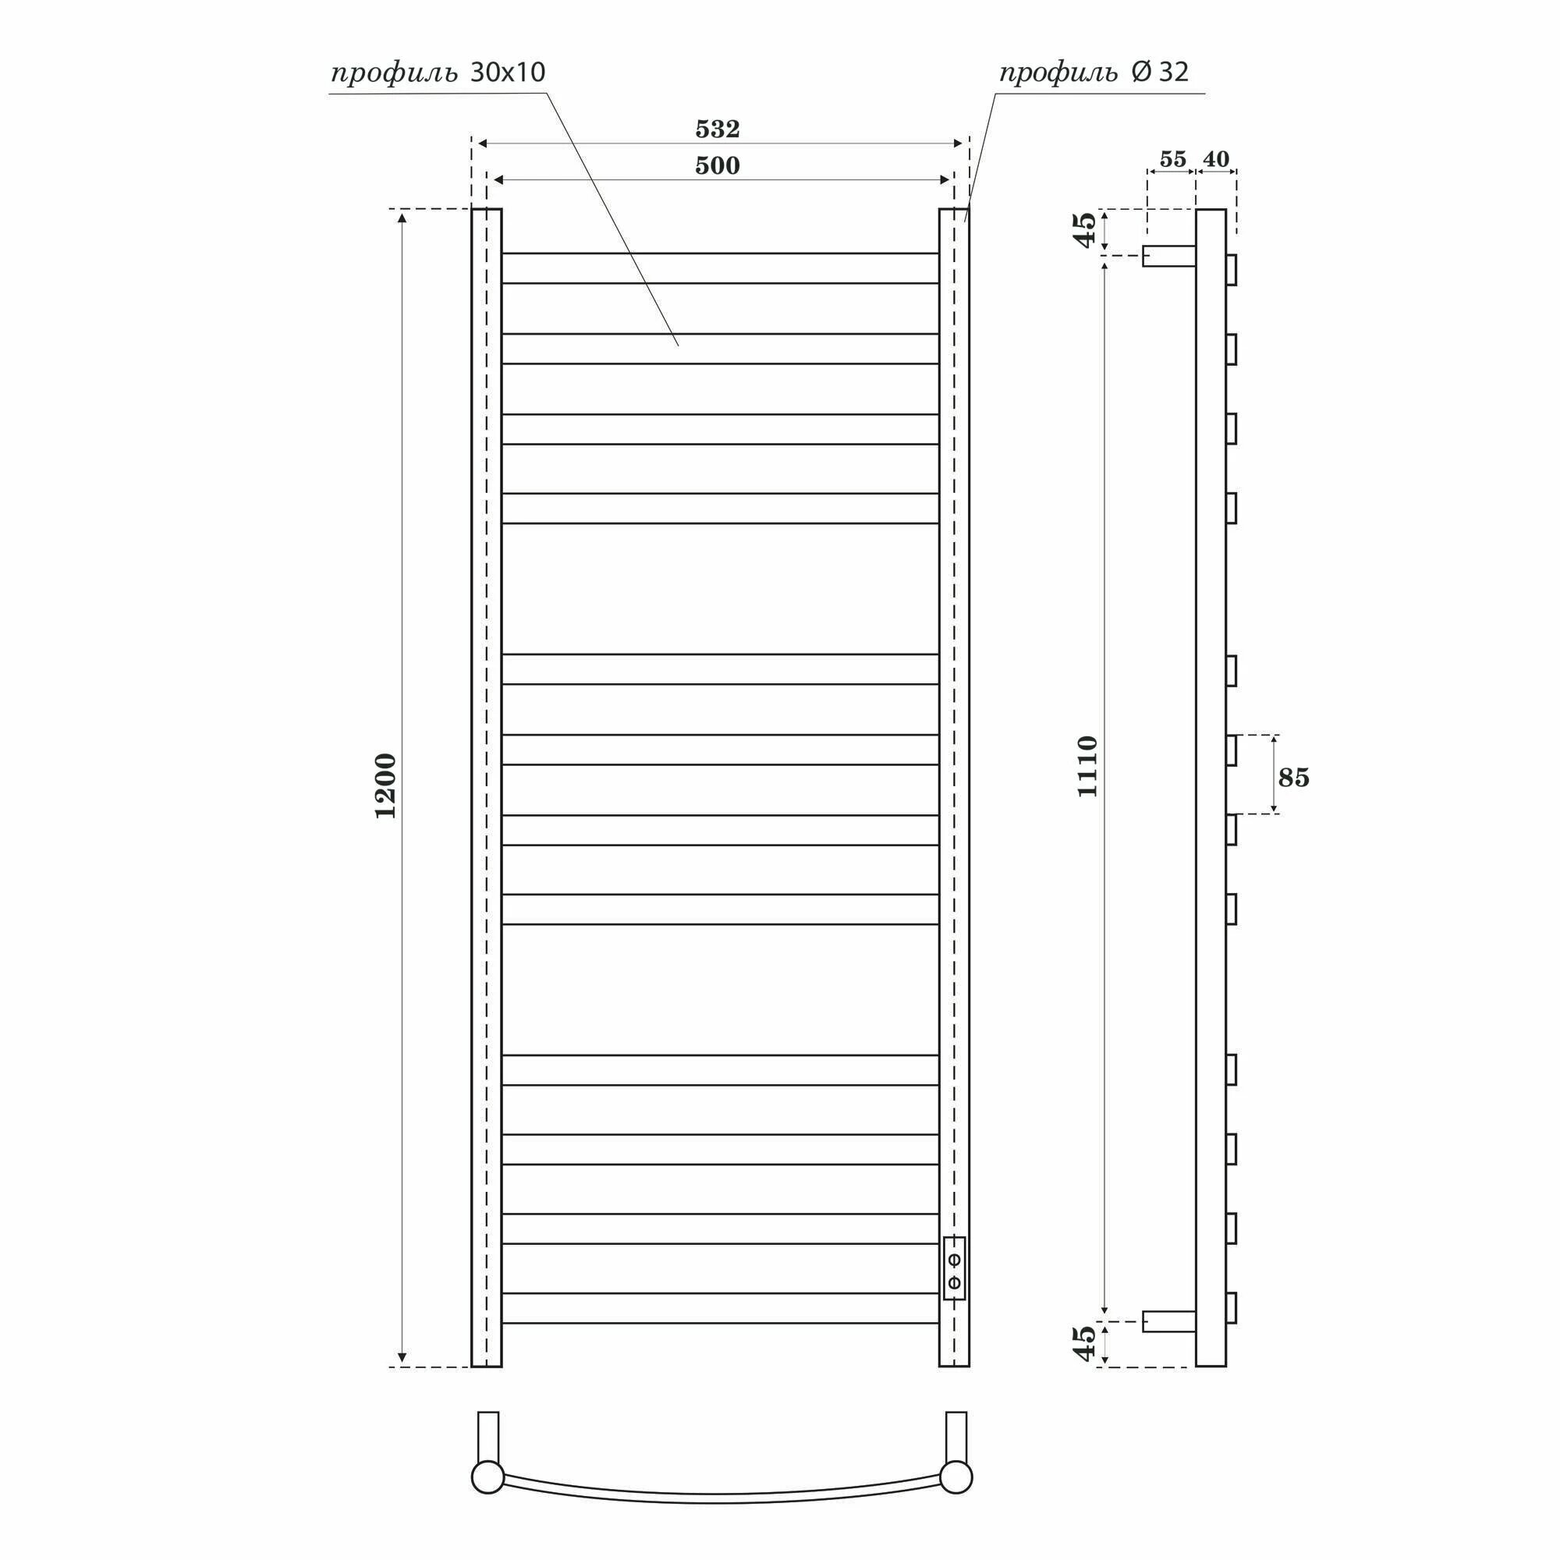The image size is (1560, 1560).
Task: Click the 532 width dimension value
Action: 717,129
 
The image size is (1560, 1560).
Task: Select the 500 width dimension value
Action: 717,165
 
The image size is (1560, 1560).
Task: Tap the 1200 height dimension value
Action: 386,785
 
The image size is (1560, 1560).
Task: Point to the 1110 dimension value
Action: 1087,766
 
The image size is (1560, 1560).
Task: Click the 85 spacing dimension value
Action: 1293,778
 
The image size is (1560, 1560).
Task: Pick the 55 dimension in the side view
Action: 1172,159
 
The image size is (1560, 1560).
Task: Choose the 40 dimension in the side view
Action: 1215,159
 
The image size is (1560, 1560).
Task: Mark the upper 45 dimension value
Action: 1086,229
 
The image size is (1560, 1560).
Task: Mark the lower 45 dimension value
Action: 1086,1344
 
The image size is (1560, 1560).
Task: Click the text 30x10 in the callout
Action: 507,73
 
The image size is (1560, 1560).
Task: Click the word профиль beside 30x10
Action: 395,74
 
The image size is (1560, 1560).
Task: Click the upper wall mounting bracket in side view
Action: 1168,256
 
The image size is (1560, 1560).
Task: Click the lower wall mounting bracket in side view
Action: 1168,1322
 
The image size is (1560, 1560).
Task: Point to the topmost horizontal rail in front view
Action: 719,268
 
